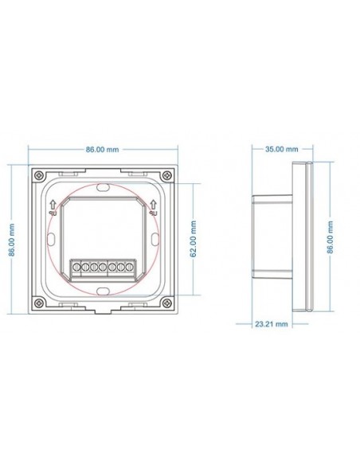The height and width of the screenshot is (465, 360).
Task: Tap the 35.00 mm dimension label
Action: [x=282, y=149]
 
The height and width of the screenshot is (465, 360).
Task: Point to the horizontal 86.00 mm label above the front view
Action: [x=101, y=149]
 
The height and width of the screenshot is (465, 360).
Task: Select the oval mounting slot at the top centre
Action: [x=102, y=188]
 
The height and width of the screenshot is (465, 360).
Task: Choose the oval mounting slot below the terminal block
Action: [x=102, y=290]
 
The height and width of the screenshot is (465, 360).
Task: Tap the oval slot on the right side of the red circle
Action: [x=153, y=239]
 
